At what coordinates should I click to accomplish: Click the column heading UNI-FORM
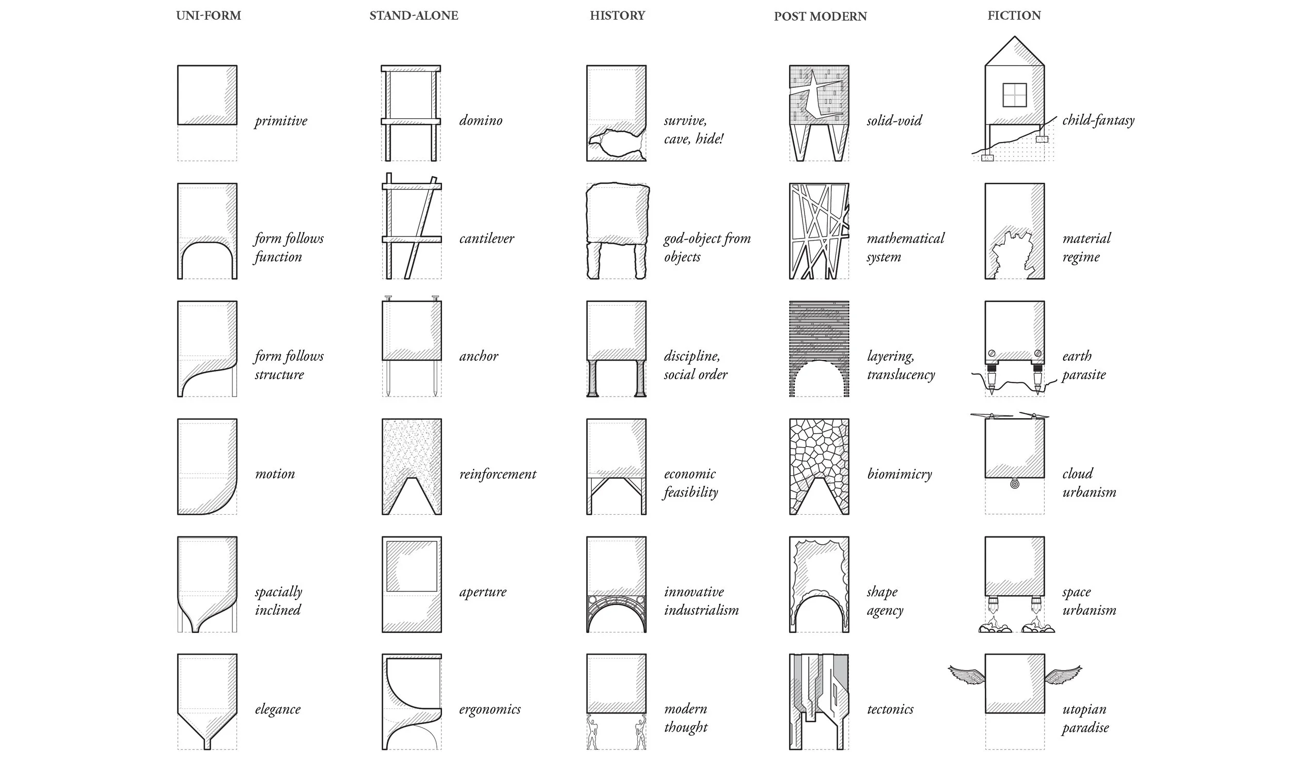(x=208, y=15)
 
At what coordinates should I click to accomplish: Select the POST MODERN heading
(x=820, y=17)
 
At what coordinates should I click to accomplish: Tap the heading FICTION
(x=1014, y=15)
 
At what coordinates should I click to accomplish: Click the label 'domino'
(x=480, y=121)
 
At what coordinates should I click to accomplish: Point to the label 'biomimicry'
(x=899, y=474)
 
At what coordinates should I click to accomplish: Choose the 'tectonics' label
(x=890, y=709)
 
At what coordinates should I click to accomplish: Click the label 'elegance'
(x=277, y=709)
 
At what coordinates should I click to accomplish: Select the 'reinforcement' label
(x=497, y=474)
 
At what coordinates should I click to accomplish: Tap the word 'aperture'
(x=482, y=592)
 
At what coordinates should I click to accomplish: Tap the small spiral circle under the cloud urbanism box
(x=1014, y=484)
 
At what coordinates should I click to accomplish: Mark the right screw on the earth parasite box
(x=1037, y=354)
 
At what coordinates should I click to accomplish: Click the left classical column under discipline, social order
(x=592, y=378)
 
